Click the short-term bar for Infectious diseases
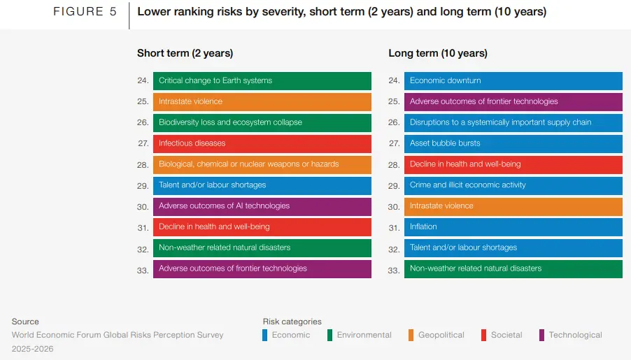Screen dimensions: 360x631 coord(262,143)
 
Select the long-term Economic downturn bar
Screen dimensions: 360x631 coord(513,80)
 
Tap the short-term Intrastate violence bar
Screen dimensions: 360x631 coord(262,101)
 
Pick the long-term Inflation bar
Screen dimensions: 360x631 coord(513,227)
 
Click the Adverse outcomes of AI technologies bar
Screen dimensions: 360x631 coord(262,206)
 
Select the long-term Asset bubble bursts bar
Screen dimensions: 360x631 coord(513,143)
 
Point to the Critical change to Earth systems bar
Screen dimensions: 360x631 coord(262,80)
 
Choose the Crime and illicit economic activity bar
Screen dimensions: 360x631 coord(513,185)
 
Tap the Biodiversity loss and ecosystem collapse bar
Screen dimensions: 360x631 coord(262,122)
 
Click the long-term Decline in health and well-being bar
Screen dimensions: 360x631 coord(513,164)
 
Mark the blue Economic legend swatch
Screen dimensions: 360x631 coord(265,335)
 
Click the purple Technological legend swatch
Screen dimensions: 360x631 coord(542,335)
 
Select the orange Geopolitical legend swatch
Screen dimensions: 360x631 coord(411,335)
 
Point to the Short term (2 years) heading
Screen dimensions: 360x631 coord(185,53)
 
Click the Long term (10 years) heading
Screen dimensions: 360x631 coord(438,53)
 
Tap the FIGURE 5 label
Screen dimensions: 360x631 coord(85,12)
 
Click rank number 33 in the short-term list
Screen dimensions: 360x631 coord(143,270)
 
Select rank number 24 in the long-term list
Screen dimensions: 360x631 coord(394,81)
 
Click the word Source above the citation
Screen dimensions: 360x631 coord(25,322)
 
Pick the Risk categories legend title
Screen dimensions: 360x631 coord(292,322)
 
